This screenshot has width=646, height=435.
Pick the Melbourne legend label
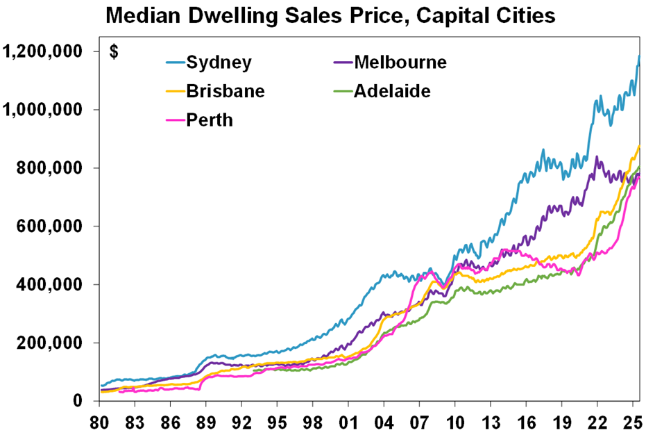[x=400, y=63]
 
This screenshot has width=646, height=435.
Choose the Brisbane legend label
[x=225, y=91]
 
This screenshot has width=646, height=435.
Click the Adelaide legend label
[x=391, y=91]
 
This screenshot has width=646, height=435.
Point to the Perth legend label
[x=210, y=120]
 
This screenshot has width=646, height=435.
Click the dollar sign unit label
[x=114, y=53]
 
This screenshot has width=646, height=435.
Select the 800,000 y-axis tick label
[x=51, y=168]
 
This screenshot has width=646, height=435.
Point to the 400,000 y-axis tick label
[x=51, y=285]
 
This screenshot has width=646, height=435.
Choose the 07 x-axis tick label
[x=419, y=422]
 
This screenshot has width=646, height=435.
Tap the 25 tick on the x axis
[x=632, y=422]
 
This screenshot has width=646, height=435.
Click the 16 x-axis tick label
[x=526, y=422]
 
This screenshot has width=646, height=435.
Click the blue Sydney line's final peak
[x=638, y=56]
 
